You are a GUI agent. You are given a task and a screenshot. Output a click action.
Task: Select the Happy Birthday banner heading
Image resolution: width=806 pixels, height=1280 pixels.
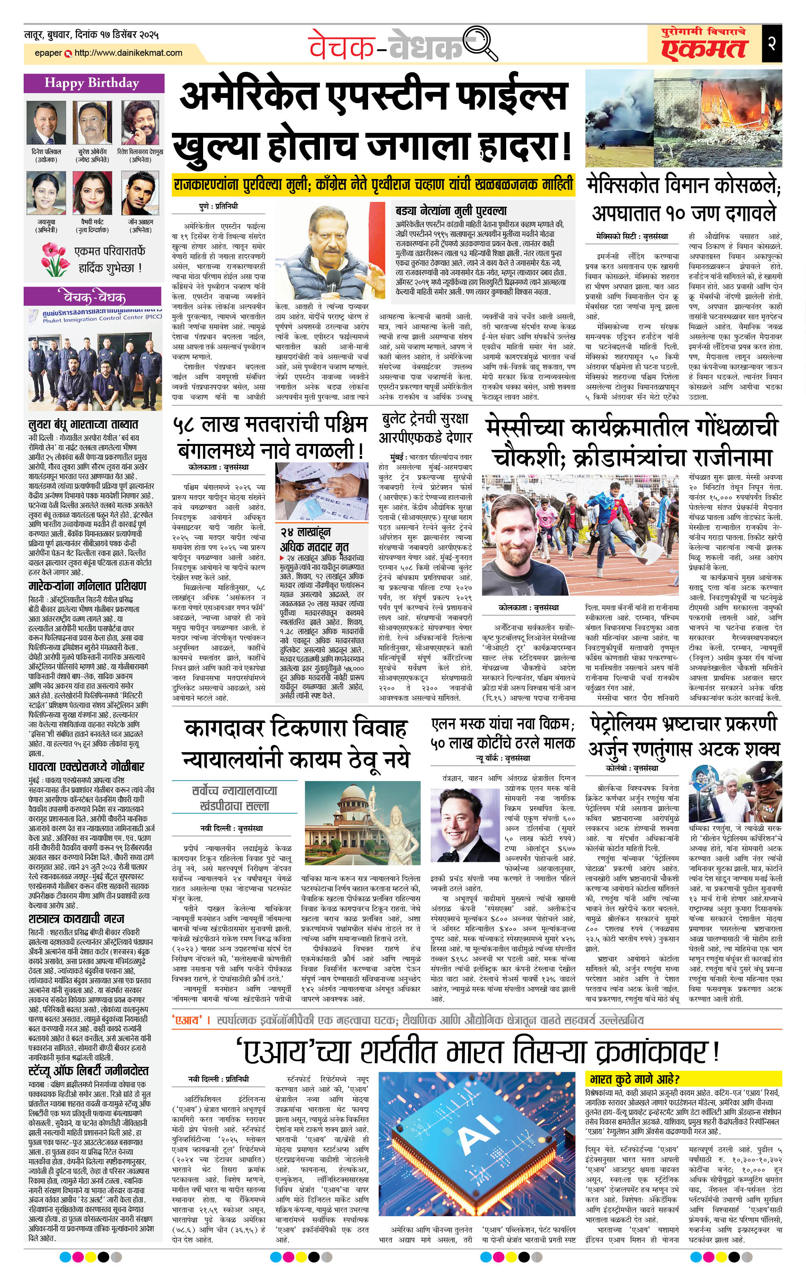click(92, 83)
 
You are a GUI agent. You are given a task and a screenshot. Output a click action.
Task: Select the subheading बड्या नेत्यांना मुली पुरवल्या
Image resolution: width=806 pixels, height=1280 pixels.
click(451, 211)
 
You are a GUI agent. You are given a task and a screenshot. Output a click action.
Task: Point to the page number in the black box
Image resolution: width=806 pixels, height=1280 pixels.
click(771, 43)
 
